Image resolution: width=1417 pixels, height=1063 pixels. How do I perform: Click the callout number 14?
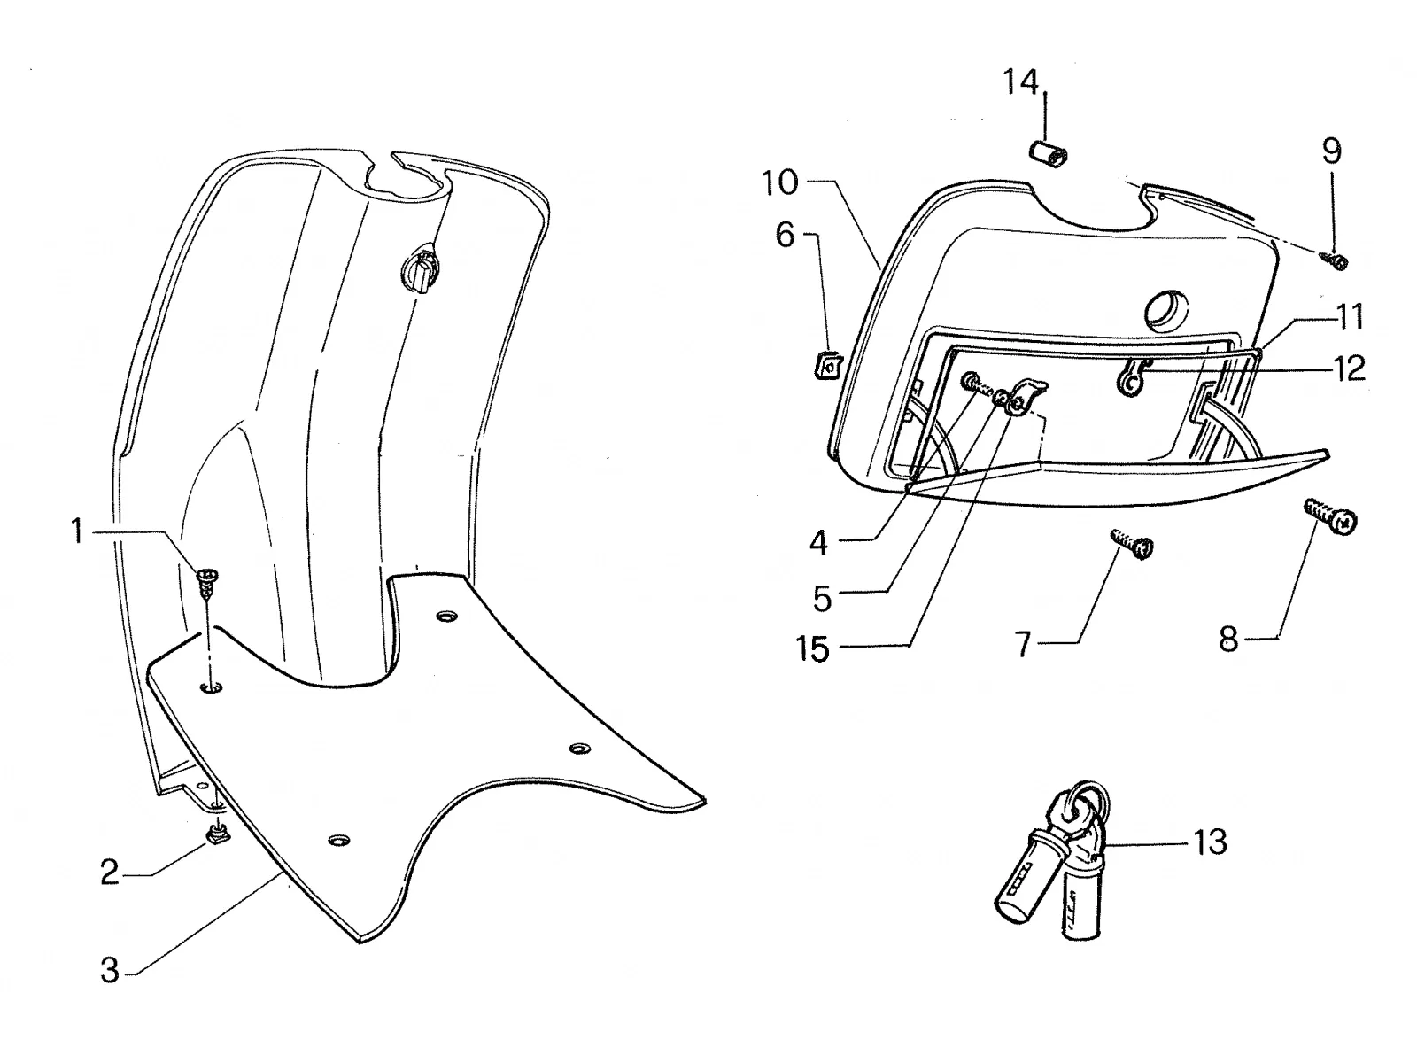pyautogui.click(x=1020, y=82)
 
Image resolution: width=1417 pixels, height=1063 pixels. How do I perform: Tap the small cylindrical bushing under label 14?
pyautogui.click(x=1047, y=154)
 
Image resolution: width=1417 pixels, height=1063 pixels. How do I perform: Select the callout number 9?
pyautogui.click(x=1331, y=151)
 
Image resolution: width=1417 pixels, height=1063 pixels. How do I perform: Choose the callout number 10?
pyautogui.click(x=780, y=182)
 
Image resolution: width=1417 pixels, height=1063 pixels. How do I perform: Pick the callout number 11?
pyautogui.click(x=1349, y=317)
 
